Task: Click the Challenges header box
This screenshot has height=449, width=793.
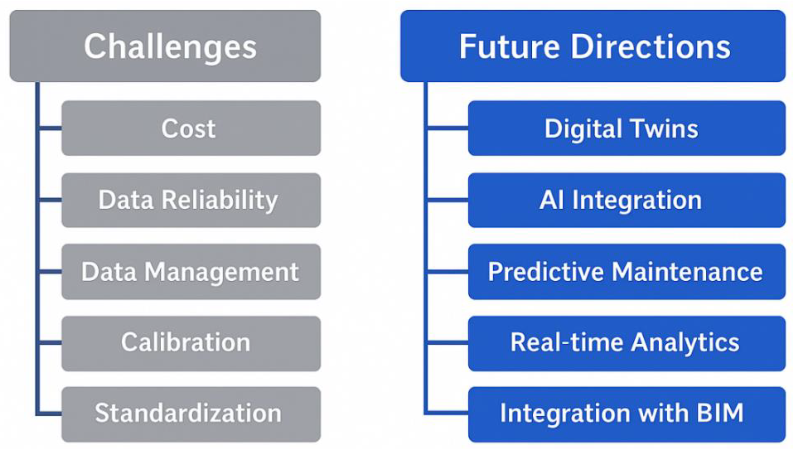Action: click(165, 46)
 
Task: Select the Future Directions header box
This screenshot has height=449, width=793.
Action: click(593, 46)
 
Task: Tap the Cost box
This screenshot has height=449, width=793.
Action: click(191, 128)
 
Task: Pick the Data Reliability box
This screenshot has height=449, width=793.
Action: click(191, 200)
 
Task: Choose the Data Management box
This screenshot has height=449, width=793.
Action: click(191, 272)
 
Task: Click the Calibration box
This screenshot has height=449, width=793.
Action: click(191, 343)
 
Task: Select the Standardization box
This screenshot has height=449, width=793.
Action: click(191, 414)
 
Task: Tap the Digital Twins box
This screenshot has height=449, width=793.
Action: click(627, 128)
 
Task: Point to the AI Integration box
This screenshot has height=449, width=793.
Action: click(627, 200)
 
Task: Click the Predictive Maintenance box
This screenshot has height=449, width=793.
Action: click(627, 272)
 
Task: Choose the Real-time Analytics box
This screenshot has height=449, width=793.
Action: click(627, 343)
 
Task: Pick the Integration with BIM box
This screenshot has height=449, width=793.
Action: click(627, 414)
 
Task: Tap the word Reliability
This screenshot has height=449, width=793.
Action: click(220, 200)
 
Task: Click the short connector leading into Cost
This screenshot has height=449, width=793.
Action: click(50, 128)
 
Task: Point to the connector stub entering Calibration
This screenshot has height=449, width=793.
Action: click(50, 343)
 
